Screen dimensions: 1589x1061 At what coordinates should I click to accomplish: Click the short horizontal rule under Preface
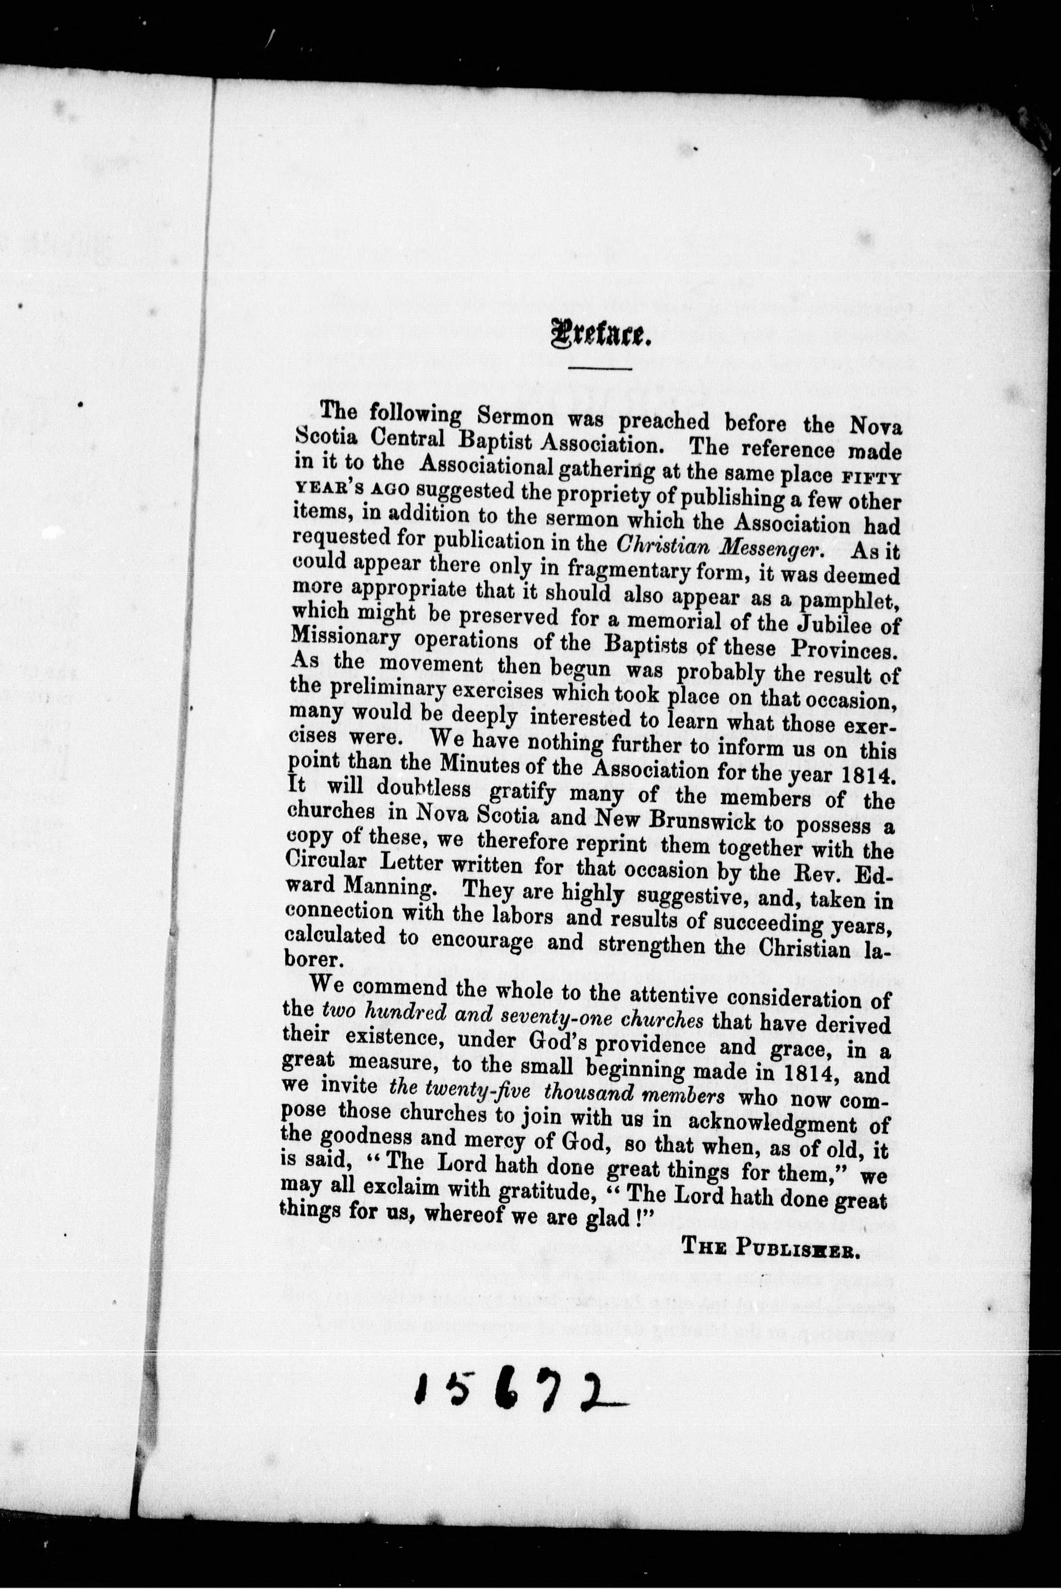click(x=599, y=368)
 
